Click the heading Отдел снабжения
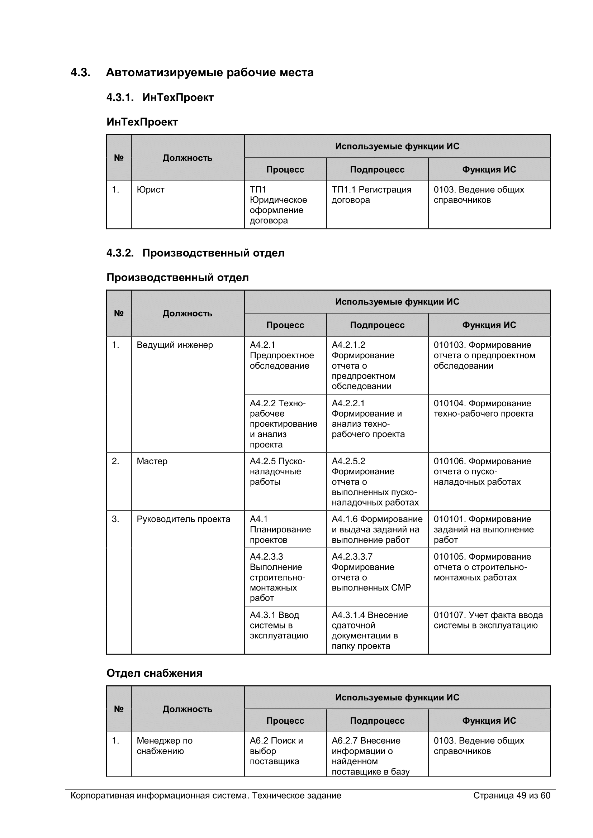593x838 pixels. (x=154, y=674)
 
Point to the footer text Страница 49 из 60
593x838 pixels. (x=511, y=796)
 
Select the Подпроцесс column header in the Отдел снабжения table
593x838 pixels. (x=377, y=721)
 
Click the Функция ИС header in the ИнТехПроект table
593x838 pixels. (x=489, y=170)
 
